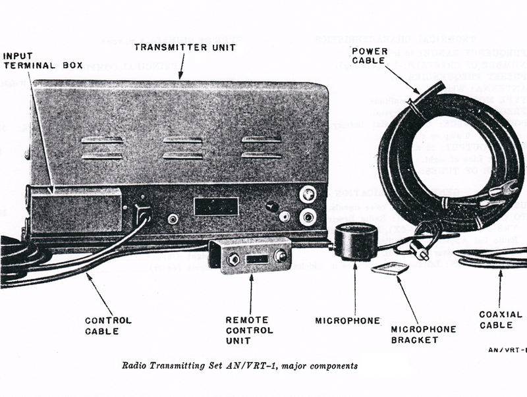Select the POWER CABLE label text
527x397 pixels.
[x=373, y=55]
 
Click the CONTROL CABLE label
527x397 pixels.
[x=108, y=325]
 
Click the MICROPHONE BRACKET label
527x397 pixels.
[x=414, y=334]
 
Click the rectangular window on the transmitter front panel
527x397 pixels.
[x=215, y=206]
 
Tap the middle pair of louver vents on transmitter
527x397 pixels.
[x=183, y=148]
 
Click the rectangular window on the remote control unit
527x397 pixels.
[x=257, y=259]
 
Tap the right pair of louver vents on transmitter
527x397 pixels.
[x=262, y=148]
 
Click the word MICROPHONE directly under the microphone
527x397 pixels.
[x=347, y=321]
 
